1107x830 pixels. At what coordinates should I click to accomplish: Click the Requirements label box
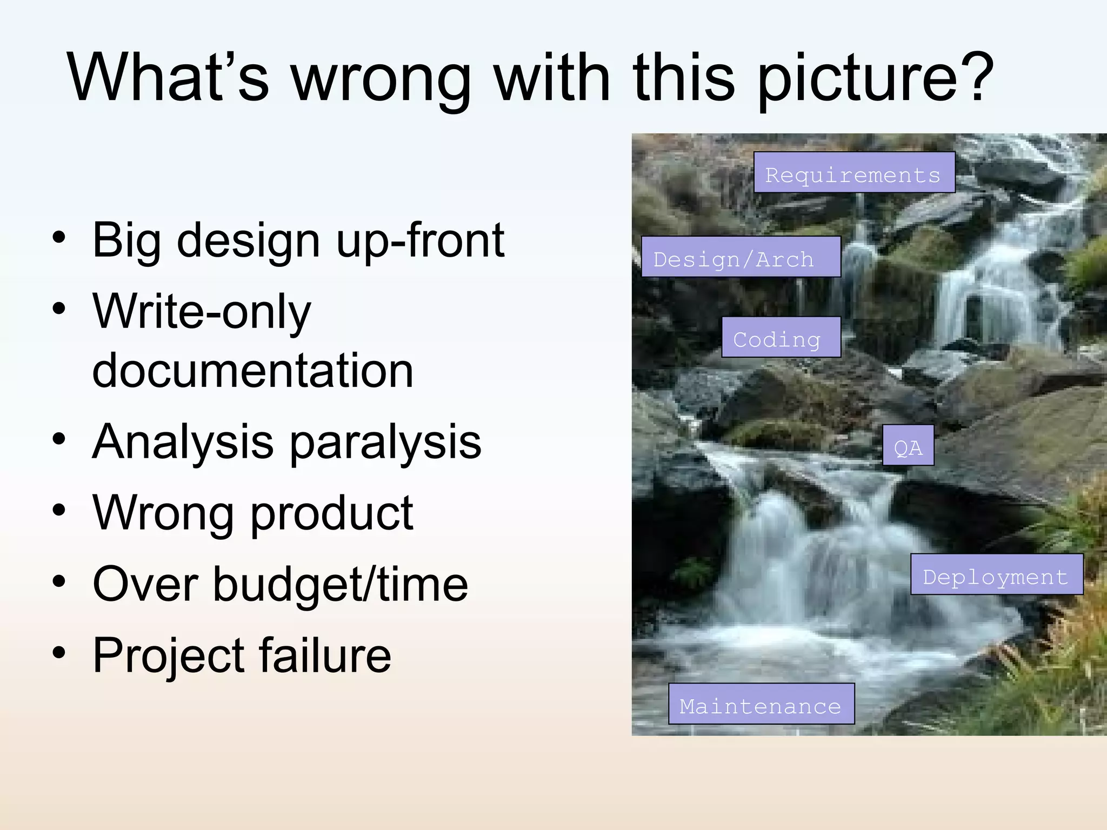pyautogui.click(x=854, y=172)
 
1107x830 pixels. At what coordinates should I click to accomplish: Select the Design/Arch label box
pyautogui.click(x=741, y=257)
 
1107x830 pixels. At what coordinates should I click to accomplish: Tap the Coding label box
pyautogui.click(x=781, y=337)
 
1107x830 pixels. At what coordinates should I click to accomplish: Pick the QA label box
pyautogui.click(x=908, y=445)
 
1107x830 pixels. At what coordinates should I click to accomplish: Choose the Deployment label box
pyautogui.click(x=996, y=574)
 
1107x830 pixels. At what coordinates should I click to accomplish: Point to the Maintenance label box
pyautogui.click(x=761, y=704)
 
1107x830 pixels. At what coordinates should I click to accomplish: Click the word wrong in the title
pyautogui.click(x=381, y=78)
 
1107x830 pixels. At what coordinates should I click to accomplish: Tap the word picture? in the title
pyautogui.click(x=875, y=78)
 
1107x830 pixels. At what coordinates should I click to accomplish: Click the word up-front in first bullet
pyautogui.click(x=420, y=240)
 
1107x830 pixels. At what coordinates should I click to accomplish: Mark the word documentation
pyautogui.click(x=252, y=371)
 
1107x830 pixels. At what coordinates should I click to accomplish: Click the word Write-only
pyautogui.click(x=202, y=312)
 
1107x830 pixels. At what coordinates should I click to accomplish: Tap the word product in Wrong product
pyautogui.click(x=332, y=513)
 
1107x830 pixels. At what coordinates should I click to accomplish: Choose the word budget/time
pyautogui.click(x=340, y=584)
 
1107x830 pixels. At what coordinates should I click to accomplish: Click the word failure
pyautogui.click(x=325, y=655)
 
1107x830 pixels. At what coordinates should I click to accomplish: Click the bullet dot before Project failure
pyautogui.click(x=59, y=653)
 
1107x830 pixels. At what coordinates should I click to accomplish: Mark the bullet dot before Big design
pyautogui.click(x=59, y=238)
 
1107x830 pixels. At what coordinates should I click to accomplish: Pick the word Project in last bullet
pyautogui.click(x=168, y=656)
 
